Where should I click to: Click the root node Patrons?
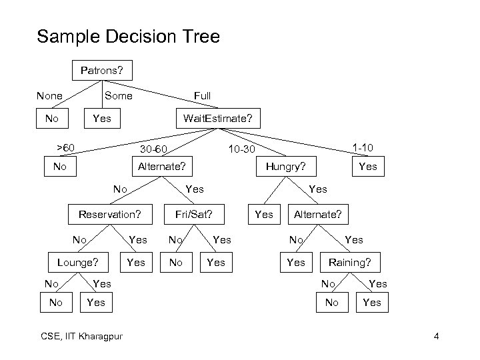click(102, 69)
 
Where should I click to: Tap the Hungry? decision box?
click(286, 167)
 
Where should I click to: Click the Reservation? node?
click(110, 215)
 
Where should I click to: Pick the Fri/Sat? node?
click(193, 215)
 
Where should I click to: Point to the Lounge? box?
click(77, 263)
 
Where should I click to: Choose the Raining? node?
click(349, 263)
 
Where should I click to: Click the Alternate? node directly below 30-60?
click(161, 167)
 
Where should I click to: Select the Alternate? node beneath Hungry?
click(318, 215)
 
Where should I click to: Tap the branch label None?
click(49, 96)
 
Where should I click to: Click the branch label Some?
click(119, 96)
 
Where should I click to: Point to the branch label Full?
click(202, 96)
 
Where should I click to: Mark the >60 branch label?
click(65, 147)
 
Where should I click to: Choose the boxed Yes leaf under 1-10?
click(367, 167)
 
